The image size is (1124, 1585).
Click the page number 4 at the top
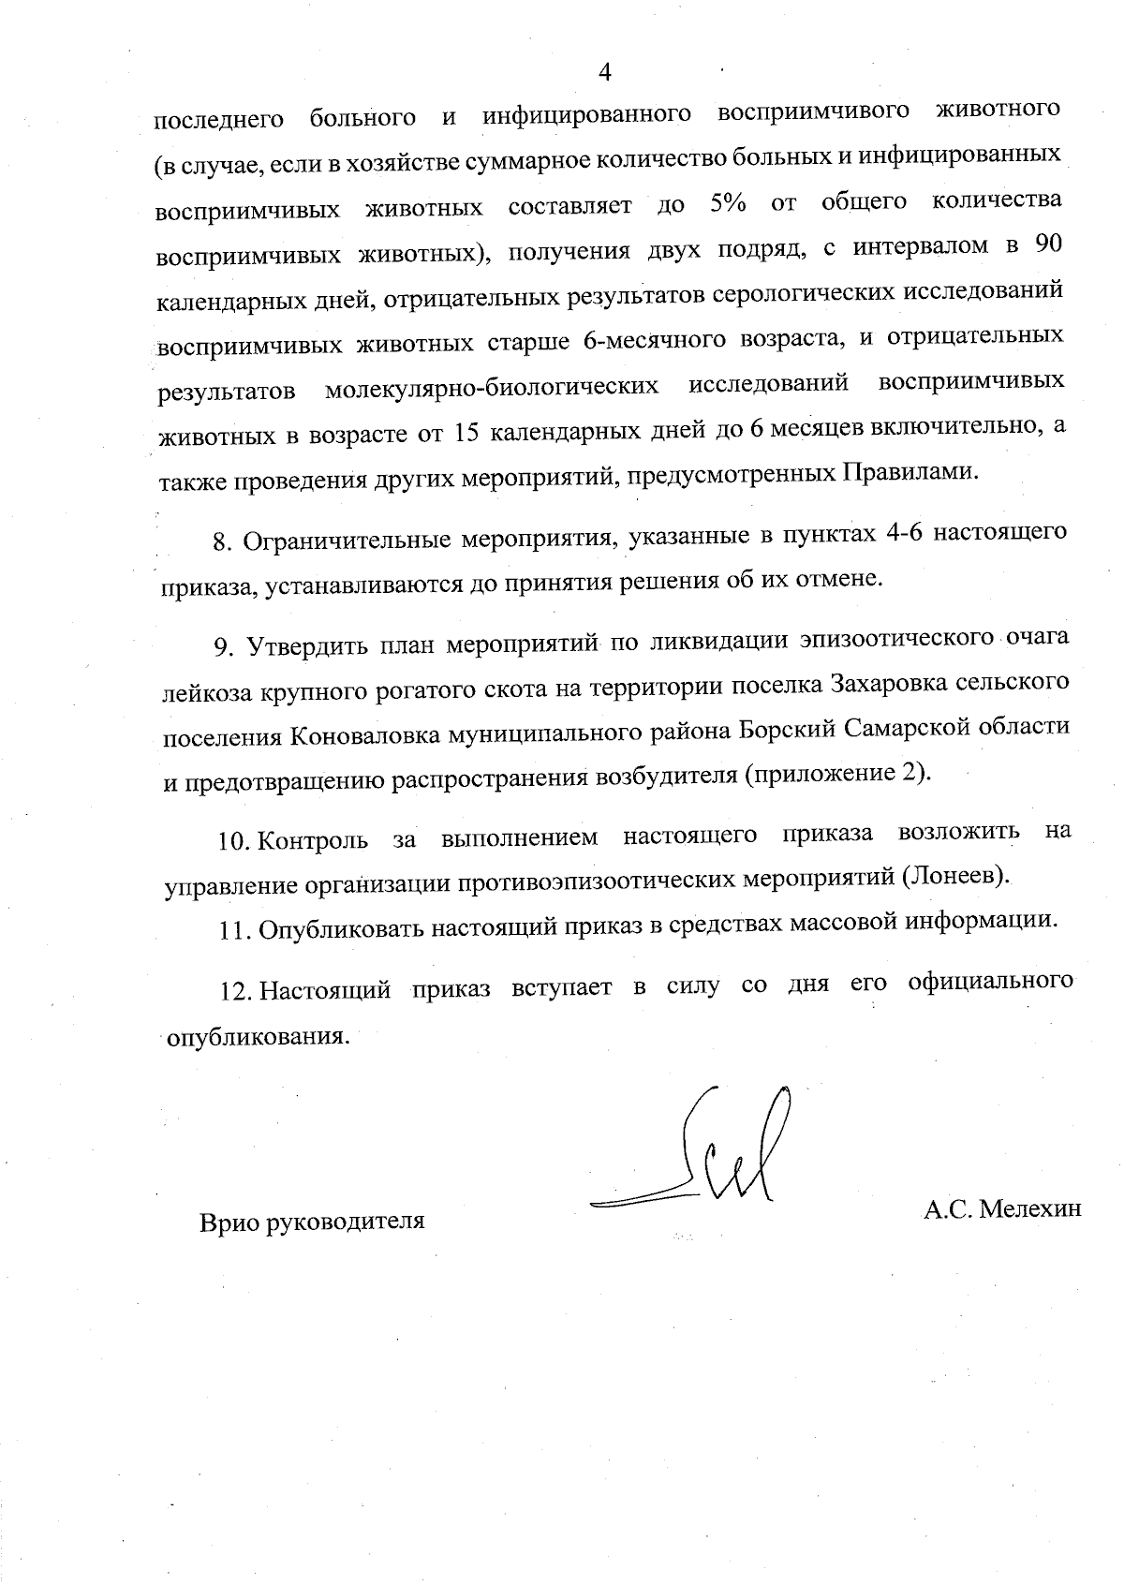604,72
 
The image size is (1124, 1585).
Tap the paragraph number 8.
222,541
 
